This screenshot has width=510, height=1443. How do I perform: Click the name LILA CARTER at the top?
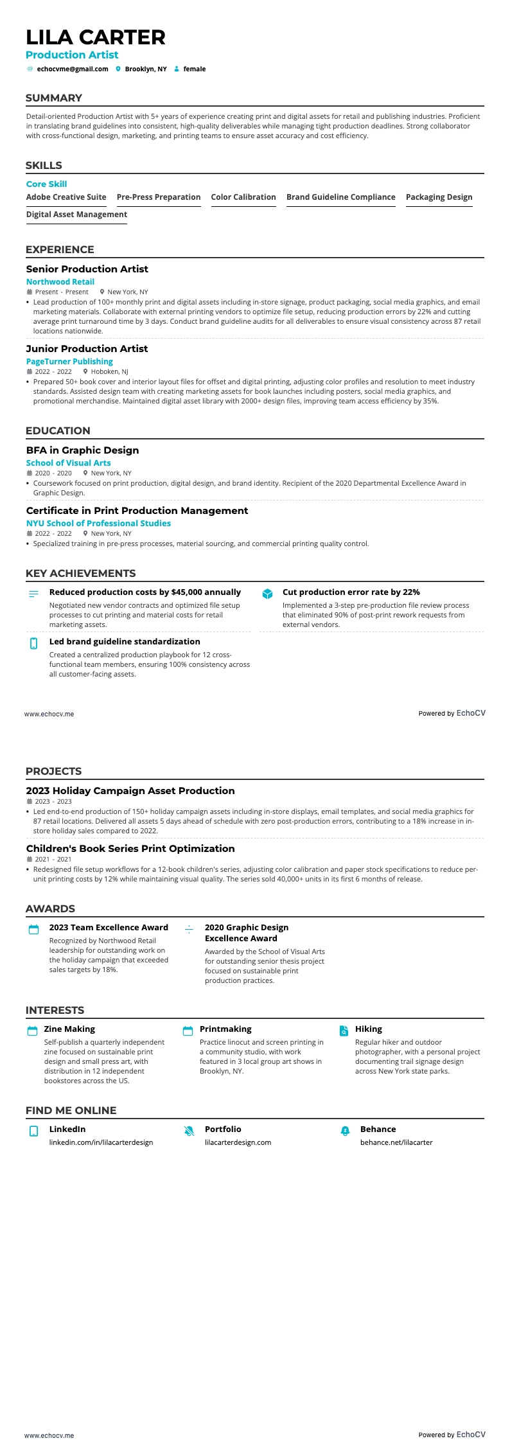pos(96,37)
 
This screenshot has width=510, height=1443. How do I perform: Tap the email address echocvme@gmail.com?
pos(73,69)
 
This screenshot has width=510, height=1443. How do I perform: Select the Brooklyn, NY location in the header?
pos(146,69)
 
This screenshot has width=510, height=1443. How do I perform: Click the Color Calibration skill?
pos(243,197)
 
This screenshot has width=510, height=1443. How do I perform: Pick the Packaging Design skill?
pos(439,197)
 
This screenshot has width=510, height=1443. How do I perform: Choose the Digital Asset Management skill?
pos(76,215)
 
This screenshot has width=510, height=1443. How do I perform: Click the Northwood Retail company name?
pos(60,281)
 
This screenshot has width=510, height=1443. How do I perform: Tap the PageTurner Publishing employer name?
pos(69,361)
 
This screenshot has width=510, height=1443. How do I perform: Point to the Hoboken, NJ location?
pos(109,371)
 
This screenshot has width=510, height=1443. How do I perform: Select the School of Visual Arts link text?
pos(68,463)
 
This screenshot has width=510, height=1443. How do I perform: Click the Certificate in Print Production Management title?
pos(137,510)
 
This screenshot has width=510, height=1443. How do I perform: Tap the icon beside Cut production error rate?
pos(267,594)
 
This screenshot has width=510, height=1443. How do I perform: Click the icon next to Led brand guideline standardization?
pos(34,643)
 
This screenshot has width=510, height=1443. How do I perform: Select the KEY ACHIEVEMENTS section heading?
pos(80,573)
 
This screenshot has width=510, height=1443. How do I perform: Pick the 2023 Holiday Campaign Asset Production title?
pos(130,790)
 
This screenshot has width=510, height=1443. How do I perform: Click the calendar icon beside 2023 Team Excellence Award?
pos(34,930)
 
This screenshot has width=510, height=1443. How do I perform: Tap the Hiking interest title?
pos(369,1029)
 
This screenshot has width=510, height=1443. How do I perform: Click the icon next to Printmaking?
pos(188,1031)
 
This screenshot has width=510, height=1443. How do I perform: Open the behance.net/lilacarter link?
pos(396,1142)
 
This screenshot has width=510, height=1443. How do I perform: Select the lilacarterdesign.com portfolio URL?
pos(238,1142)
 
